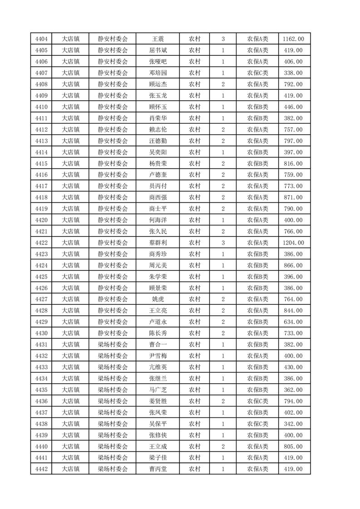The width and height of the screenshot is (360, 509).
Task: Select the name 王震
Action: click(x=158, y=39)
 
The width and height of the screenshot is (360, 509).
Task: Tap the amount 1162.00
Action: click(x=294, y=39)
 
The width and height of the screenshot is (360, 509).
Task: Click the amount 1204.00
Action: click(x=294, y=243)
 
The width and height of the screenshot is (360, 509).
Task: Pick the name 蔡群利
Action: click(x=158, y=243)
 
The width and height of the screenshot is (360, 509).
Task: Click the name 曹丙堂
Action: click(x=158, y=469)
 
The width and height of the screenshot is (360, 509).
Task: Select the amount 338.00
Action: click(x=294, y=73)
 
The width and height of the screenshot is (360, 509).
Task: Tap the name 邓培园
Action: click(x=158, y=73)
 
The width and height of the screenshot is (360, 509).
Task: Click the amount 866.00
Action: click(x=294, y=265)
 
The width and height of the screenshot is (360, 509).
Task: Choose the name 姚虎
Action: click(x=158, y=299)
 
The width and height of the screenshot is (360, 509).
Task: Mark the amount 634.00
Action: click(x=294, y=322)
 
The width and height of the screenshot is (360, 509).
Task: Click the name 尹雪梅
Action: click(x=158, y=356)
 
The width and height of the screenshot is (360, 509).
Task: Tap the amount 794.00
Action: click(x=294, y=401)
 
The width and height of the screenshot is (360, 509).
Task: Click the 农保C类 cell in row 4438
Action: click(x=257, y=424)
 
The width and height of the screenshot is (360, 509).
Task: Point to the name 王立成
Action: click(x=158, y=446)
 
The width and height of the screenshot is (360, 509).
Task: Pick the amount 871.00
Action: click(x=294, y=197)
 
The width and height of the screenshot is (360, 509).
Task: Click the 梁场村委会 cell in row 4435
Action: click(x=113, y=390)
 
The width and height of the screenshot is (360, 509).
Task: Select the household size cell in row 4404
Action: click(x=223, y=39)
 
